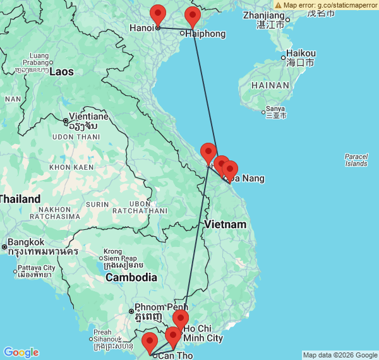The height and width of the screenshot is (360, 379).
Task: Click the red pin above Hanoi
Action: point(157,14)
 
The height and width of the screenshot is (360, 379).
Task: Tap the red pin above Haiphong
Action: point(193,17)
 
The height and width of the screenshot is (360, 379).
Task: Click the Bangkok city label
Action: point(27,242)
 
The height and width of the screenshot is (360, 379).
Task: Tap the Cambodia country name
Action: point(131,277)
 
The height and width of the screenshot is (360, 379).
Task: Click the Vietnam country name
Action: point(225,225)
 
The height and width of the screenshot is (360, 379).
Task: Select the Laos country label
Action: point(62,71)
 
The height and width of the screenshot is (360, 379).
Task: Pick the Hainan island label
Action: point(270,85)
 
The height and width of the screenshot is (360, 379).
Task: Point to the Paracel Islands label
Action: point(356,160)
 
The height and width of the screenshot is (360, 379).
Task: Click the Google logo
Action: point(20,352)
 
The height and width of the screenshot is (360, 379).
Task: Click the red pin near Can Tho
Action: point(150,342)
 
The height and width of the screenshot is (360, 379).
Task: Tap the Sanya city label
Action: point(275,109)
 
